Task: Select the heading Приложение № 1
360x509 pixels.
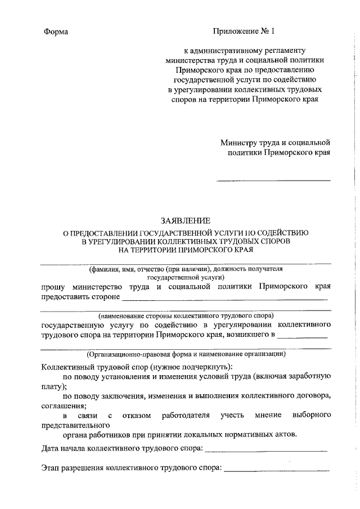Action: click(245, 31)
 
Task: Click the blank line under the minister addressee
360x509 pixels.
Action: click(273, 180)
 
